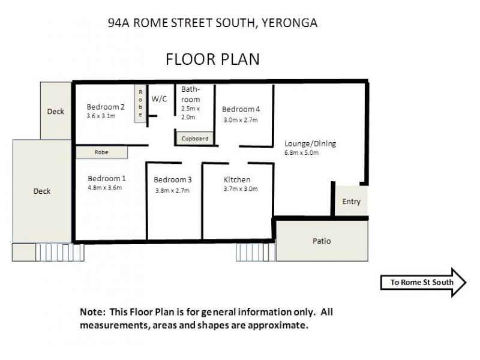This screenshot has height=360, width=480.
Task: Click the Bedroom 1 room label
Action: (x=107, y=178)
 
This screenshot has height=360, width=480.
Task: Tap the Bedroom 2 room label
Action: (x=106, y=107)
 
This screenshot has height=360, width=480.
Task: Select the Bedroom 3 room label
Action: (x=173, y=180)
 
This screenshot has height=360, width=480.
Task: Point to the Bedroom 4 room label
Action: (x=241, y=109)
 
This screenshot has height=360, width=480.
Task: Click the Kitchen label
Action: (x=237, y=179)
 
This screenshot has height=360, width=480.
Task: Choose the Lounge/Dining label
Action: (x=310, y=143)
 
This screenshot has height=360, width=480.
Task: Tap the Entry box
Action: (x=351, y=202)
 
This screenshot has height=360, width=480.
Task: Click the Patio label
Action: (x=321, y=241)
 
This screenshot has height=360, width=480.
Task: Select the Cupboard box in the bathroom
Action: (x=195, y=139)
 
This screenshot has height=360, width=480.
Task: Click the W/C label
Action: (x=159, y=99)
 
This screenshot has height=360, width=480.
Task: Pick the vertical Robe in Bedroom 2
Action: (x=140, y=103)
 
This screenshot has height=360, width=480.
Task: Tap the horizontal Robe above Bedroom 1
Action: (x=101, y=153)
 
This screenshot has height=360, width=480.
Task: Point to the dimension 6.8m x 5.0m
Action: (x=301, y=152)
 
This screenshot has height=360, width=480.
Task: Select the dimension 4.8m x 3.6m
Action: (x=104, y=187)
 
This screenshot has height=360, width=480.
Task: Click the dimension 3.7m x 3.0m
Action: (x=240, y=189)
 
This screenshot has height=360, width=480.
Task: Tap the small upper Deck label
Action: (x=55, y=111)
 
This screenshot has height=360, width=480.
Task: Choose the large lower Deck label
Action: (x=41, y=191)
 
